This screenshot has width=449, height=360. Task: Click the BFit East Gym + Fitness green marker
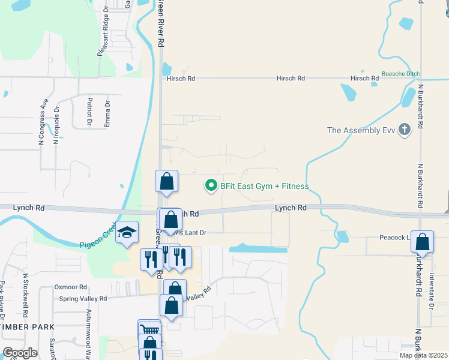pyautogui.click(x=211, y=186)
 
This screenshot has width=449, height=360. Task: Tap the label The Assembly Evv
pyautogui.click(x=362, y=130)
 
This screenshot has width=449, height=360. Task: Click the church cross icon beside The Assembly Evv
pyautogui.click(x=405, y=129)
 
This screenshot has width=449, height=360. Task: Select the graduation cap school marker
pyautogui.click(x=127, y=233)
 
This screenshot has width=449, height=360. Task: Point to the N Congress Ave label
pyautogui.click(x=43, y=122)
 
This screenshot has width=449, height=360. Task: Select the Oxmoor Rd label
pyautogui.click(x=71, y=287)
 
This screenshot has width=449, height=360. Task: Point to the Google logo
pyautogui.click(x=20, y=353)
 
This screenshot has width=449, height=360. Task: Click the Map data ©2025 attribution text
pyautogui.click(x=424, y=355)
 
